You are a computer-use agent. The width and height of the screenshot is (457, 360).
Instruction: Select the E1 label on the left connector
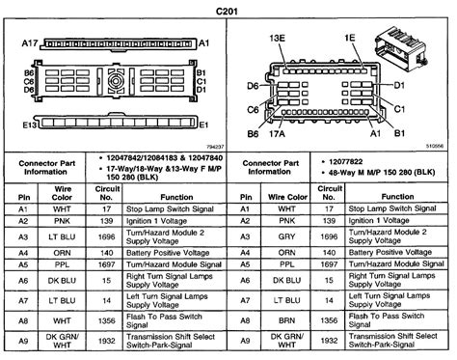pyautogui.click(x=203, y=125)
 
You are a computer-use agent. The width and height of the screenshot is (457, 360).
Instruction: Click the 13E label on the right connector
pyautogui.click(x=278, y=38)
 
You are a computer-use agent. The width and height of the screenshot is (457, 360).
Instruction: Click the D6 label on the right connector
pyautogui.click(x=253, y=85)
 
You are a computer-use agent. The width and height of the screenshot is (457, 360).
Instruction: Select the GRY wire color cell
pyautogui.click(x=285, y=235)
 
